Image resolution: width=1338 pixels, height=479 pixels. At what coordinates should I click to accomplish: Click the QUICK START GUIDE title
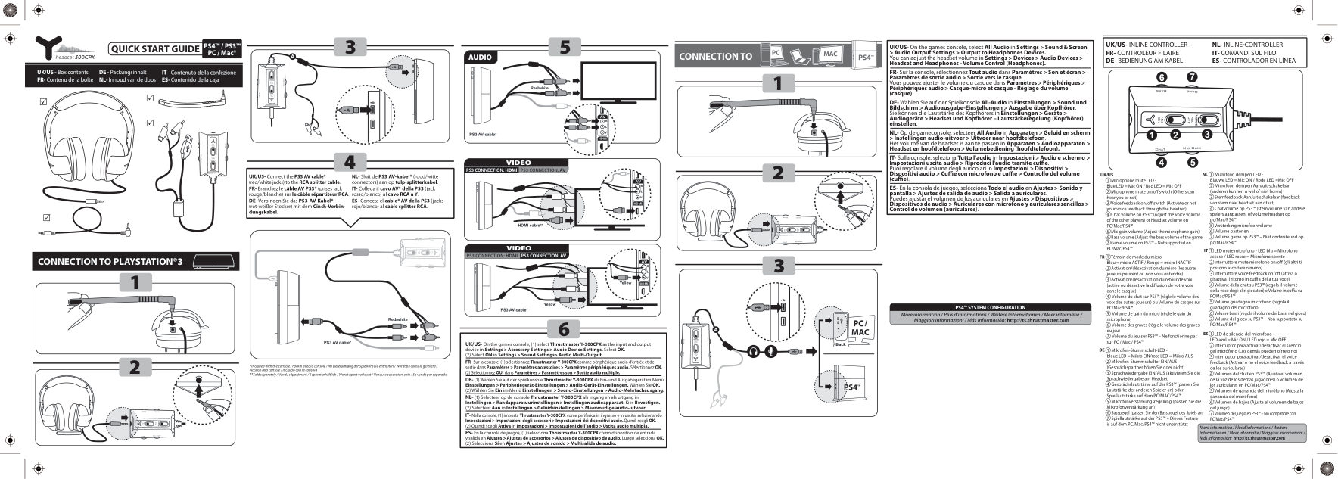(x=155, y=49)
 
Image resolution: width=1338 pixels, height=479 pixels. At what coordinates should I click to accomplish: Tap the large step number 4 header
(x=349, y=161)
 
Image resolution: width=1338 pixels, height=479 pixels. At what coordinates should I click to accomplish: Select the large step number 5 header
(x=565, y=47)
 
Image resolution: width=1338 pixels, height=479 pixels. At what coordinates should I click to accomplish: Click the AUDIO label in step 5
(x=481, y=58)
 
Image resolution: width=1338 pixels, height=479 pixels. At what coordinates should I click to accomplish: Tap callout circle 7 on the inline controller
(x=1192, y=77)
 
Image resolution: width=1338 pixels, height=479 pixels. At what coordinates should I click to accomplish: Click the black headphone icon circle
(x=752, y=350)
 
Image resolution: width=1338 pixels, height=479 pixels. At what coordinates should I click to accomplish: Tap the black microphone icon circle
(x=771, y=350)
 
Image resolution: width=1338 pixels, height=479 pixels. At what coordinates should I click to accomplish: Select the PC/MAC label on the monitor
(x=860, y=327)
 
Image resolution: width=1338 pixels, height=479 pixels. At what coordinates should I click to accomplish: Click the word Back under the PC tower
(x=839, y=344)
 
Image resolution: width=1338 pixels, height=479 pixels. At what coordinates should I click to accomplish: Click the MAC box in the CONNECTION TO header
(x=829, y=54)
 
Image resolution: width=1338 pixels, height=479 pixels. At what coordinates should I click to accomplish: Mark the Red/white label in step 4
(x=398, y=319)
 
